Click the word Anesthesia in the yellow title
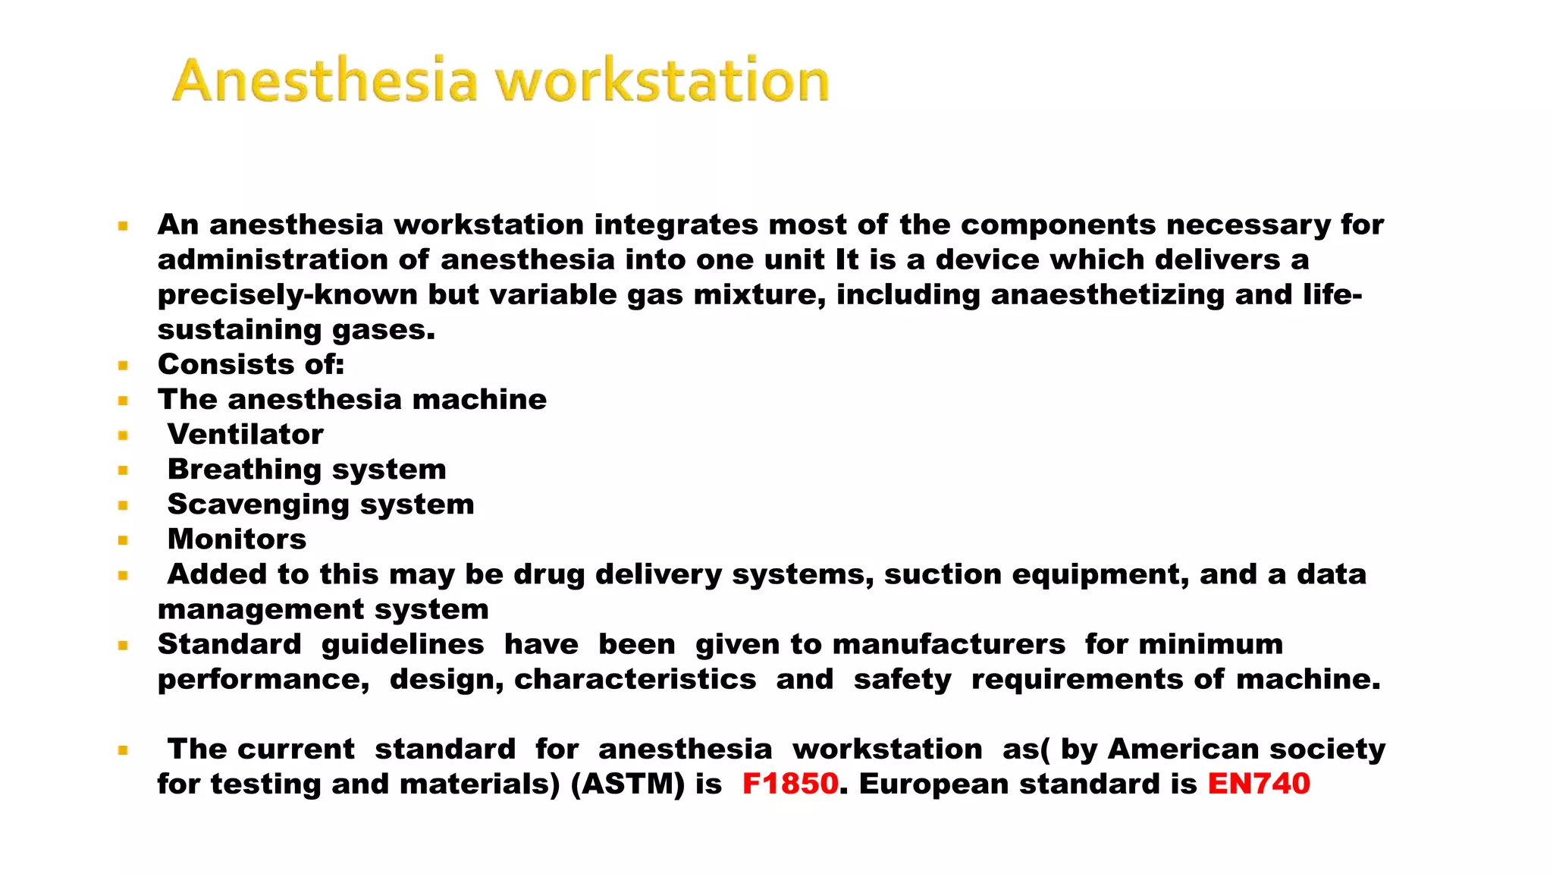coord(325,80)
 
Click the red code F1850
coord(790,784)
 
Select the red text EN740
coord(1259,784)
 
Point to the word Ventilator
coord(246,434)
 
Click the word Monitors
coord(237,539)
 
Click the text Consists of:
coord(251,364)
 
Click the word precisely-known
coord(287,294)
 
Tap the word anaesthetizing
coord(1107,294)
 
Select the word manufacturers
coord(949,644)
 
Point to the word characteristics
coord(635,679)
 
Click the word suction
coord(943,574)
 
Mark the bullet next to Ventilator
coord(123,435)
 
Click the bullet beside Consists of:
coord(123,365)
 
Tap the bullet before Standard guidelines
coord(123,645)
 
